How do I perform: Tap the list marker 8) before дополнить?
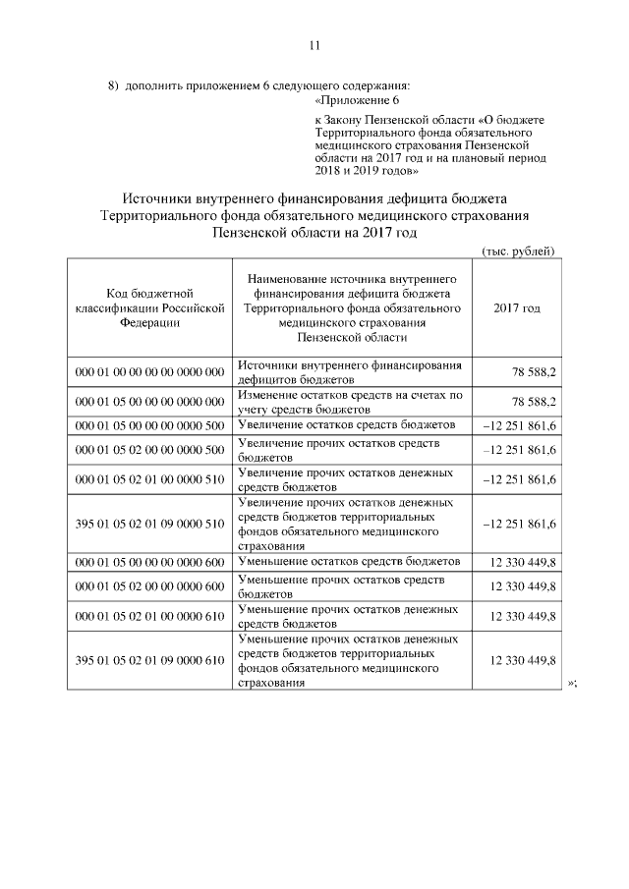pyautogui.click(x=113, y=85)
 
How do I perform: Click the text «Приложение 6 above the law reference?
pyautogui.click(x=357, y=100)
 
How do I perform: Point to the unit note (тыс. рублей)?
pyautogui.click(x=519, y=250)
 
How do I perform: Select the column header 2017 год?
pyautogui.click(x=517, y=307)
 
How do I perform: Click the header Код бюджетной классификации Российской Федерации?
pyautogui.click(x=149, y=306)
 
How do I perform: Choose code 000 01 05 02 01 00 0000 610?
pyautogui.click(x=149, y=615)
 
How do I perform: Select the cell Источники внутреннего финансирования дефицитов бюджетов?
pyautogui.click(x=350, y=371)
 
